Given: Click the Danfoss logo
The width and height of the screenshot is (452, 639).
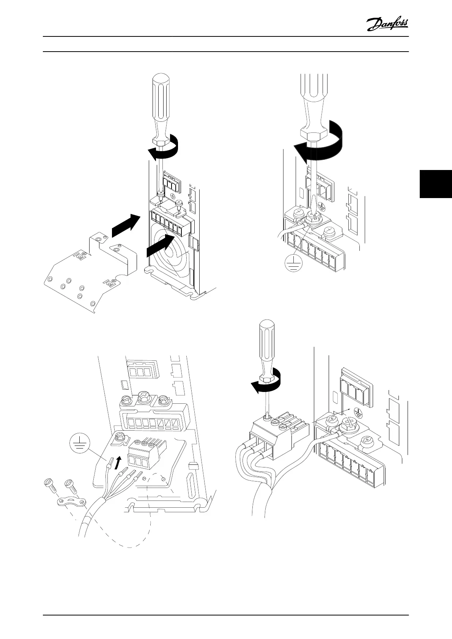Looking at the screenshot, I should click(387, 25).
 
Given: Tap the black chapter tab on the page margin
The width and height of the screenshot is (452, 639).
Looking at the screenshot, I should click(436, 184).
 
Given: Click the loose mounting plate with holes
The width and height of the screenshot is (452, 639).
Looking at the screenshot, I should click(87, 274).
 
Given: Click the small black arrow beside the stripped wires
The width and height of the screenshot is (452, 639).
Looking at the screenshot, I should click(119, 463).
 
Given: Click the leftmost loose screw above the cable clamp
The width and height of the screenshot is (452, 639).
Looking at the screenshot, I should click(50, 486).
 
